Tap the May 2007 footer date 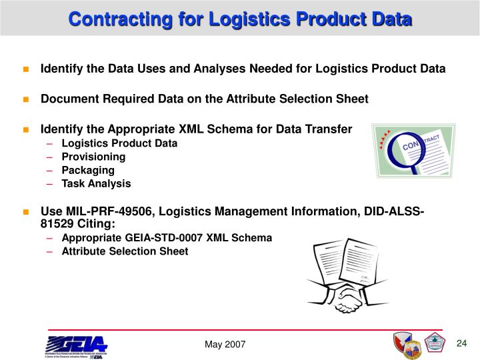[x=225, y=344]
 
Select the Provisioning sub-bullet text [x=93, y=157]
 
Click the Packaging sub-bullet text [x=88, y=170]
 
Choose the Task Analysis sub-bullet [x=96, y=183]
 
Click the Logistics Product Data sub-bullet [x=119, y=143]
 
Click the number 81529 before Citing [x=57, y=224]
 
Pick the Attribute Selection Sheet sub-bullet [x=125, y=251]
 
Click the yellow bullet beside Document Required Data [x=27, y=99]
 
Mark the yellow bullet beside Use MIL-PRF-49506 [x=27, y=213]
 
